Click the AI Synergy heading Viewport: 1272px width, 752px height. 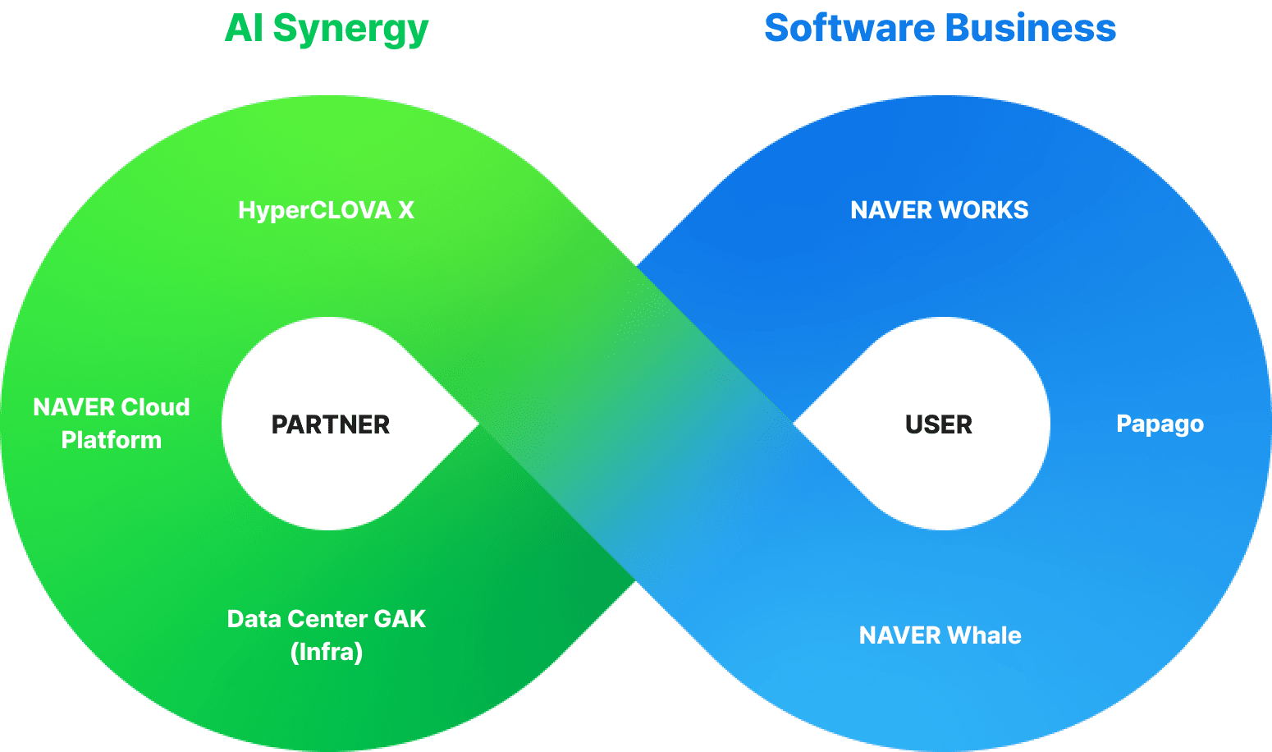click(x=327, y=29)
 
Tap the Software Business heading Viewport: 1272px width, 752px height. click(x=940, y=29)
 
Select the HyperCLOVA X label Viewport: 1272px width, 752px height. click(x=326, y=210)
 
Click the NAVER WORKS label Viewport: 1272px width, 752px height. click(x=939, y=210)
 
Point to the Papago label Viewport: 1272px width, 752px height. click(x=1160, y=424)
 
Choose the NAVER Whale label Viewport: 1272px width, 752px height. click(x=940, y=635)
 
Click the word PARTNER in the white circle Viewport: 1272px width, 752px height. click(x=331, y=424)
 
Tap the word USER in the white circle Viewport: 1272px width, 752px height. click(x=939, y=424)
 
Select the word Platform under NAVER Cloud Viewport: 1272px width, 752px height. click(x=112, y=440)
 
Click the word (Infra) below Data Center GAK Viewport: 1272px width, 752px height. click(x=327, y=652)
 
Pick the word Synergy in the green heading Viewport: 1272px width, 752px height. click(x=350, y=30)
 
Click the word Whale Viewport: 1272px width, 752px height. click(x=985, y=635)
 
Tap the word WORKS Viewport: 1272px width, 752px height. click(x=984, y=210)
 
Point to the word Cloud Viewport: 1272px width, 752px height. click(x=155, y=407)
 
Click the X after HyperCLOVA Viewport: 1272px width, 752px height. click(x=405, y=210)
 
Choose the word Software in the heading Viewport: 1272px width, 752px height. click(x=849, y=29)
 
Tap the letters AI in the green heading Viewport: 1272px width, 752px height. click(x=244, y=29)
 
